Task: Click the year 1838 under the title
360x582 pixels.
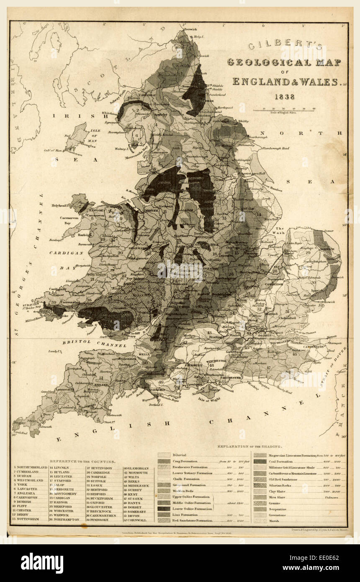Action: coord(284,97)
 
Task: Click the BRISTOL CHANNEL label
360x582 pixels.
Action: coord(95,344)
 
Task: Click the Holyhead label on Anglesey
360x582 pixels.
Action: coord(59,206)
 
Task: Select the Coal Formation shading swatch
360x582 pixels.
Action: coord(260,461)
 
